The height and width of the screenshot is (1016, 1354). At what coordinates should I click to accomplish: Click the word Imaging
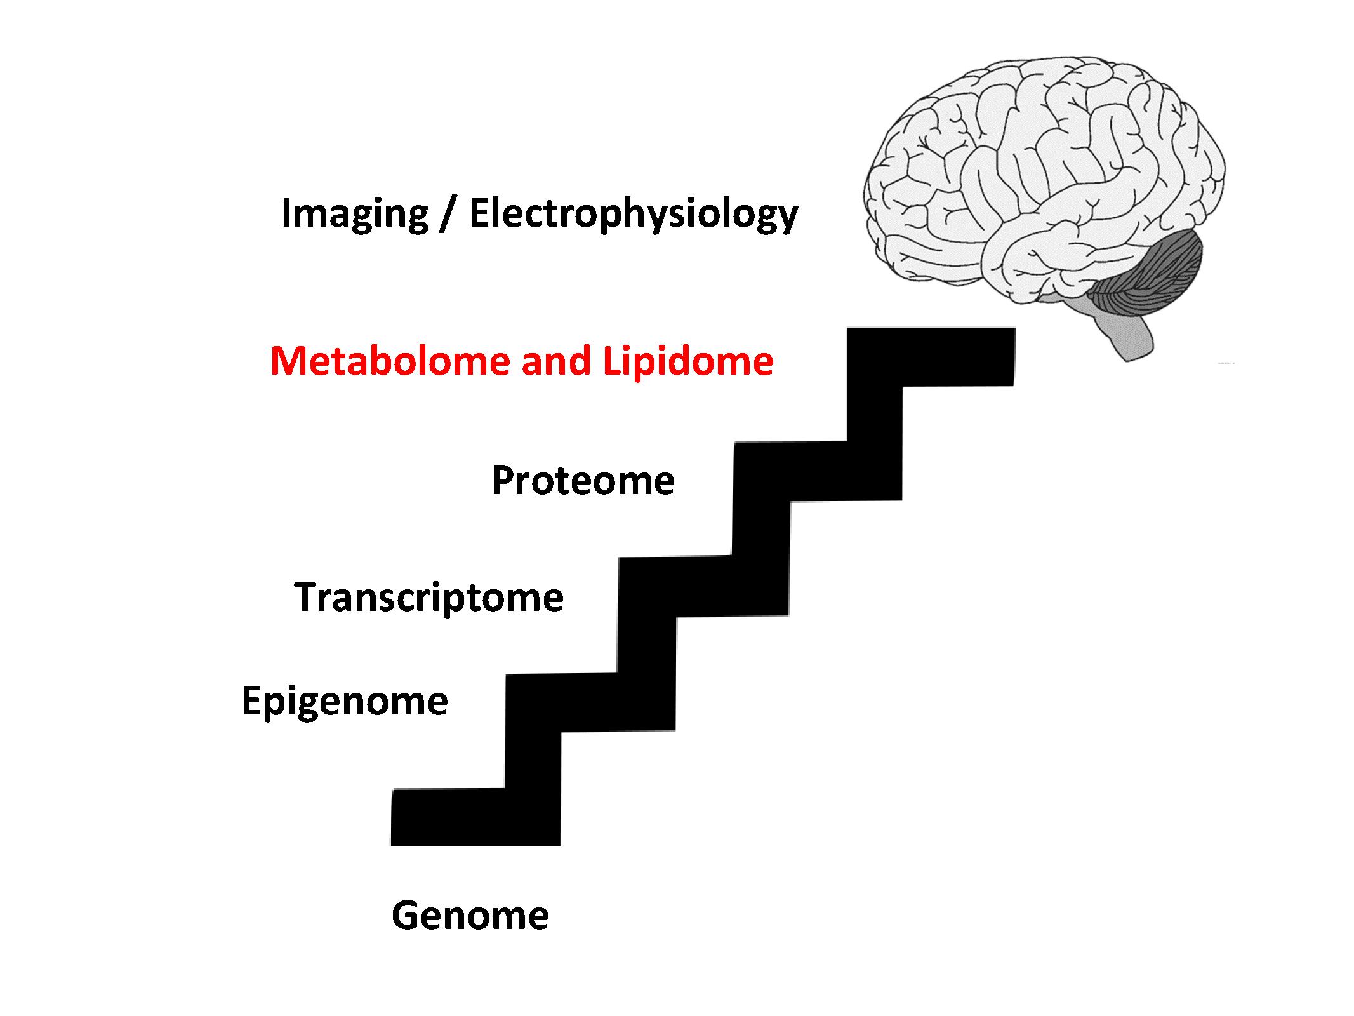(x=355, y=214)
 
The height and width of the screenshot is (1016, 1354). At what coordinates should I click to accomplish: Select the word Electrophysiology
(x=634, y=214)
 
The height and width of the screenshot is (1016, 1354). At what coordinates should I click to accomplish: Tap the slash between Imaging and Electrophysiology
(x=449, y=214)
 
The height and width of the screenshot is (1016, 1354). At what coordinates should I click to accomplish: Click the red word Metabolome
(x=390, y=361)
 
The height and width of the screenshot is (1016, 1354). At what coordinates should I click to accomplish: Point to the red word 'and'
(x=556, y=361)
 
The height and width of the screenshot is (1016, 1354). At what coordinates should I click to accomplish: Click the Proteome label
(x=583, y=481)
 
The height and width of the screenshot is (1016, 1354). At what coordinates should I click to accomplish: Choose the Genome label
(x=470, y=916)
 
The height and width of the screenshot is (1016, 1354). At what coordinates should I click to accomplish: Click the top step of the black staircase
(x=931, y=357)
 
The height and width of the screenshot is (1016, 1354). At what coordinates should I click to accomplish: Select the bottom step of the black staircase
(x=475, y=817)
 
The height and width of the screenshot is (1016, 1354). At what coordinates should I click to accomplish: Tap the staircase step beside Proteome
(x=818, y=471)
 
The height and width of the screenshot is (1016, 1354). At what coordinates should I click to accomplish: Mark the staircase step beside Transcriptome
(x=703, y=587)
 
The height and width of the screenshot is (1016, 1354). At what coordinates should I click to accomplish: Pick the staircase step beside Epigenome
(x=590, y=702)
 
